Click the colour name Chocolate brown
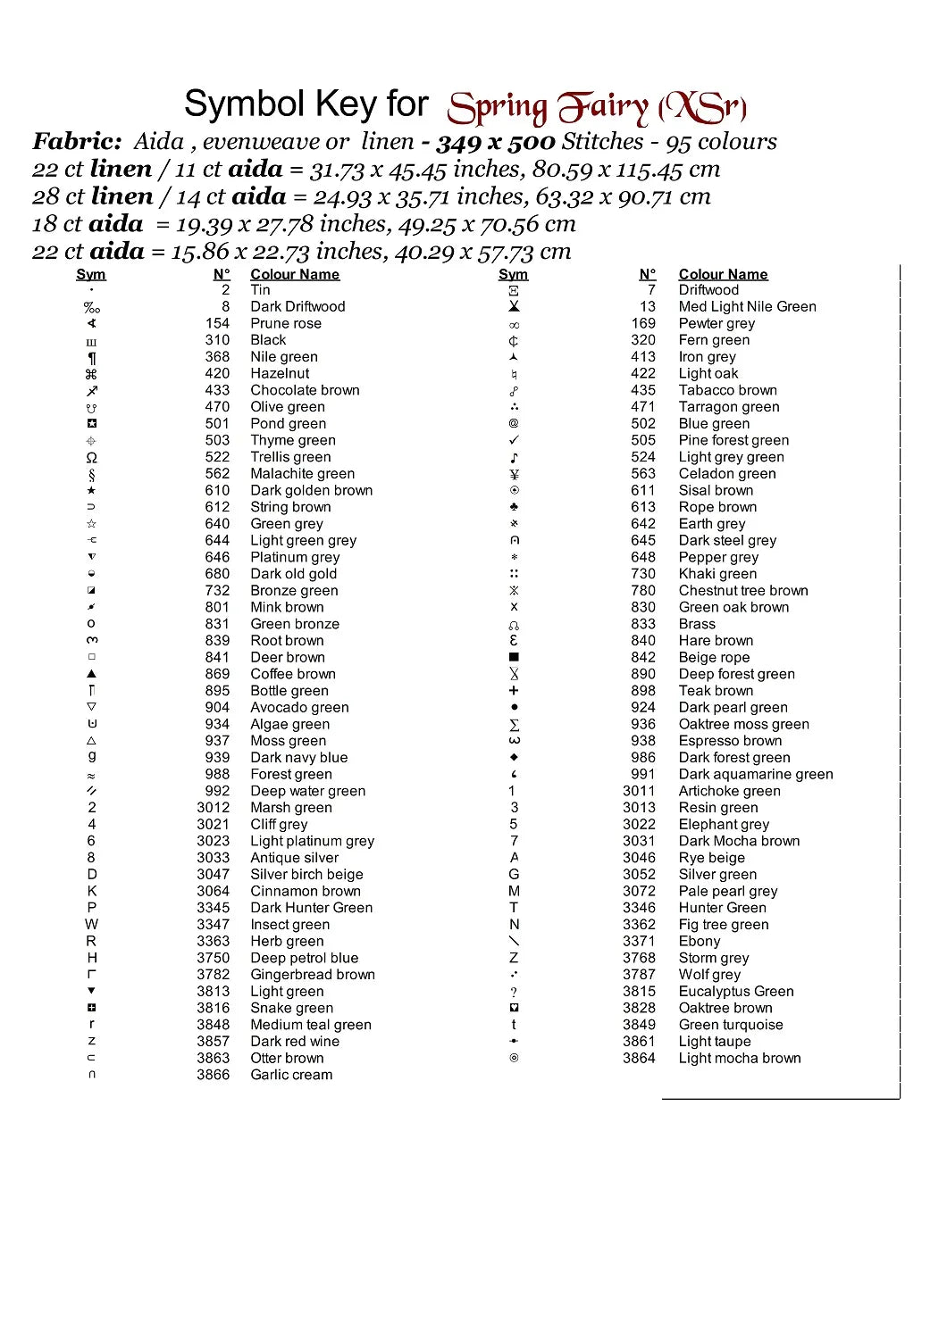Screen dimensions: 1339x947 [x=305, y=390]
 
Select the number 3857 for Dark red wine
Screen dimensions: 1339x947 [x=213, y=1041]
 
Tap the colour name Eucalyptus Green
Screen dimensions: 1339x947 [x=735, y=991]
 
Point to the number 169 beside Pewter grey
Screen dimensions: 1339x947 [x=643, y=323]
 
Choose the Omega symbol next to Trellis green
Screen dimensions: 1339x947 [x=91, y=457]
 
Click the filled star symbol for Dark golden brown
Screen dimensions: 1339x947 [x=91, y=490]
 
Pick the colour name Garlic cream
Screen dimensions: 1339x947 [x=291, y=1075]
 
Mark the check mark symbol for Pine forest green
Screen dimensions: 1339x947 [x=514, y=440]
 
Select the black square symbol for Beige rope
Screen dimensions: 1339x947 [x=514, y=657]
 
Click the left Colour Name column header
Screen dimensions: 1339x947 [x=295, y=274]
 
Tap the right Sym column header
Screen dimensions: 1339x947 [x=513, y=274]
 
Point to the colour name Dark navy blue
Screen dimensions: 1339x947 [x=298, y=757]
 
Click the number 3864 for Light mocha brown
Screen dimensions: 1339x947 [x=639, y=1058]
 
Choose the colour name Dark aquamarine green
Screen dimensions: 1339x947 [x=755, y=774]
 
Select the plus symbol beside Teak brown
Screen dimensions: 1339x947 [x=514, y=690]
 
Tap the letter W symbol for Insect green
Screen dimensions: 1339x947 [x=91, y=924]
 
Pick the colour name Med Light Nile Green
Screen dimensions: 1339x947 [x=747, y=306]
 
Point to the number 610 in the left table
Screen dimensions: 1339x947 [x=217, y=490]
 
